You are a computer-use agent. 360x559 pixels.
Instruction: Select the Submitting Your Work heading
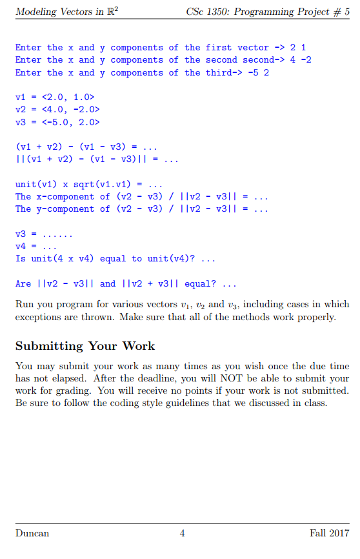[85, 346]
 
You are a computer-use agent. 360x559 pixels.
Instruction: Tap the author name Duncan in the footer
[32, 533]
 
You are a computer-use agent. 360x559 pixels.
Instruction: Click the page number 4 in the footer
[183, 533]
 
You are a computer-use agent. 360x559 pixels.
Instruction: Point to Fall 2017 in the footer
[330, 533]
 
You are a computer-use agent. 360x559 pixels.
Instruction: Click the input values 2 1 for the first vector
[299, 48]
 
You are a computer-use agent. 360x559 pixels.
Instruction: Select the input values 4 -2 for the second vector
[299, 60]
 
